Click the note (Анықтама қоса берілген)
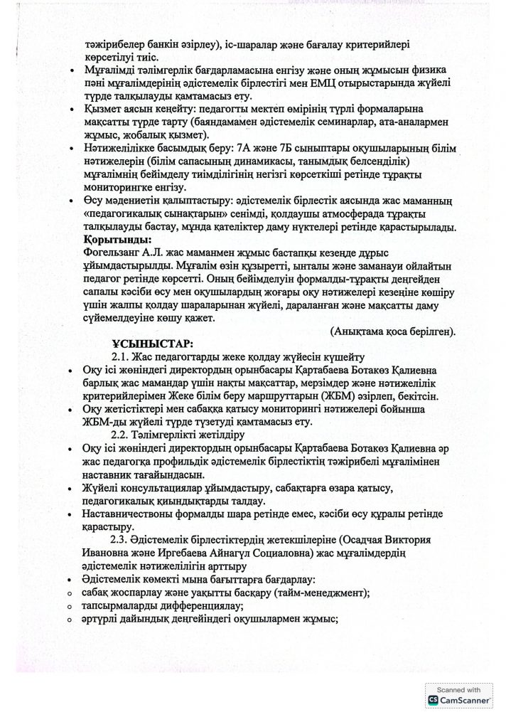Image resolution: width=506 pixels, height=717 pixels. click(393, 330)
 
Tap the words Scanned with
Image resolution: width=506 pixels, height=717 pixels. click(458, 690)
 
